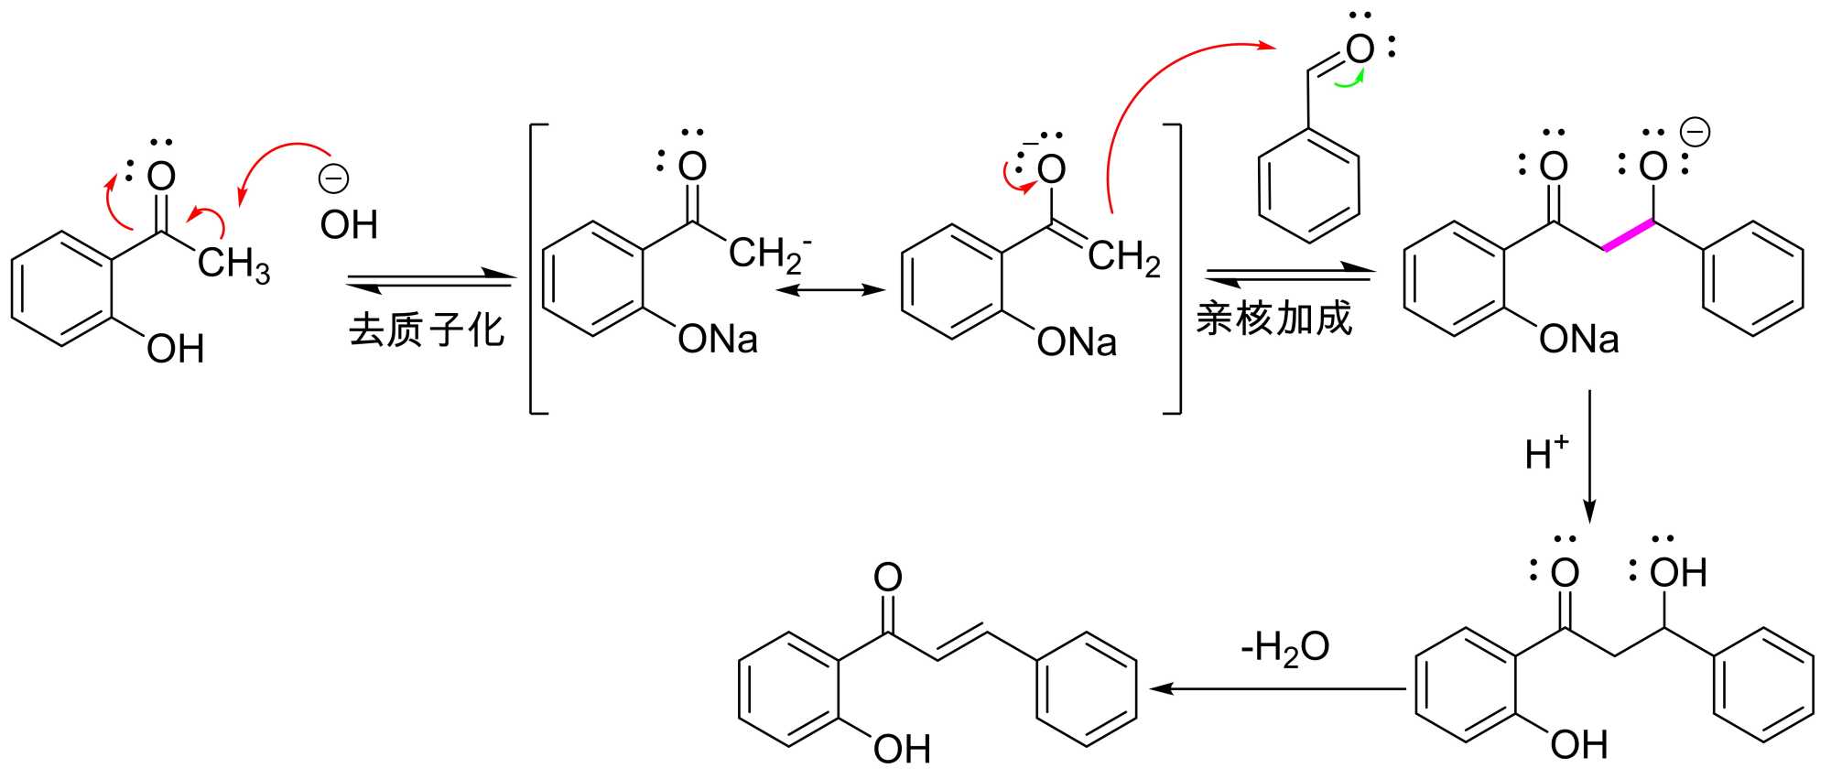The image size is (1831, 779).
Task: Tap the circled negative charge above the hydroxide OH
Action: point(333,179)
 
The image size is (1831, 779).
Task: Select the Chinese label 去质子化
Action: point(427,329)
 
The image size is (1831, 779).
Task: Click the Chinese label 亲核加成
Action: point(1273,318)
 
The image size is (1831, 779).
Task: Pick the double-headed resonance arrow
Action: point(829,290)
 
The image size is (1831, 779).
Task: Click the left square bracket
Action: point(536,268)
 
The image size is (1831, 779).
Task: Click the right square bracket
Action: point(1175,268)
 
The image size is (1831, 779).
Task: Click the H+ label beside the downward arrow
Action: point(1546,453)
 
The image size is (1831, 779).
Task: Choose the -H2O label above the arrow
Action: point(1284,647)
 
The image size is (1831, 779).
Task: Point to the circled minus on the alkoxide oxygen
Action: point(1695,134)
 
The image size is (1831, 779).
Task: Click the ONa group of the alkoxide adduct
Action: point(1578,340)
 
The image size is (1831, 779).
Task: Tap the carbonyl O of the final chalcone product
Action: point(887,577)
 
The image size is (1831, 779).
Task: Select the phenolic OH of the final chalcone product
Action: point(901,749)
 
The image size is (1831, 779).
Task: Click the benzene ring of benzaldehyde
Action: point(1308,187)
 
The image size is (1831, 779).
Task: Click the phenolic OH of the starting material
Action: point(175,349)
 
